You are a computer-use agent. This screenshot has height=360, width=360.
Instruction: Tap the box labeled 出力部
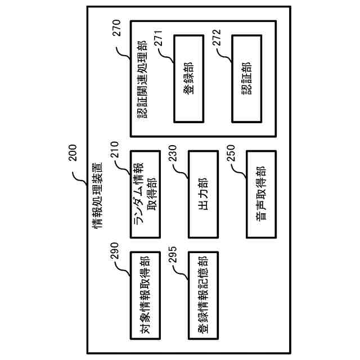click(x=202, y=193)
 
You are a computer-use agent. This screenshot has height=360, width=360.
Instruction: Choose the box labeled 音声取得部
click(x=260, y=193)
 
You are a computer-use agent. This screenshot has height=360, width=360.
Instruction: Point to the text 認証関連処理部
click(x=141, y=79)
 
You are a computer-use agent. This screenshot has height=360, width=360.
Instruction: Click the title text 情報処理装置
click(x=97, y=195)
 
